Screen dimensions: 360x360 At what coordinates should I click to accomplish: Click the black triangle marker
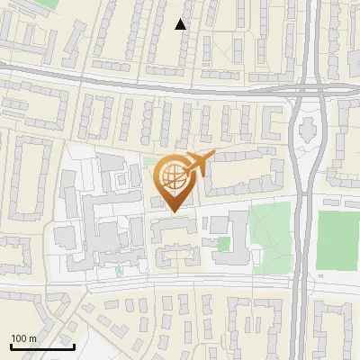[x=181, y=25]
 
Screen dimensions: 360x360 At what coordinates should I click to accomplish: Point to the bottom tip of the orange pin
[x=172, y=211]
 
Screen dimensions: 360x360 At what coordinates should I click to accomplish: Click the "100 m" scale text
[x=23, y=338]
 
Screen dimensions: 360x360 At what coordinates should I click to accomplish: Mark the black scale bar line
[x=41, y=346]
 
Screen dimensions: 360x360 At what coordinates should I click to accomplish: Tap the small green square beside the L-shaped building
[x=224, y=244]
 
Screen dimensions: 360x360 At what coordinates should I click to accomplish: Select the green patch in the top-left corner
[x=45, y=4]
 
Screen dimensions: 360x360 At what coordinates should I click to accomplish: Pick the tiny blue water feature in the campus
[x=118, y=269]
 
